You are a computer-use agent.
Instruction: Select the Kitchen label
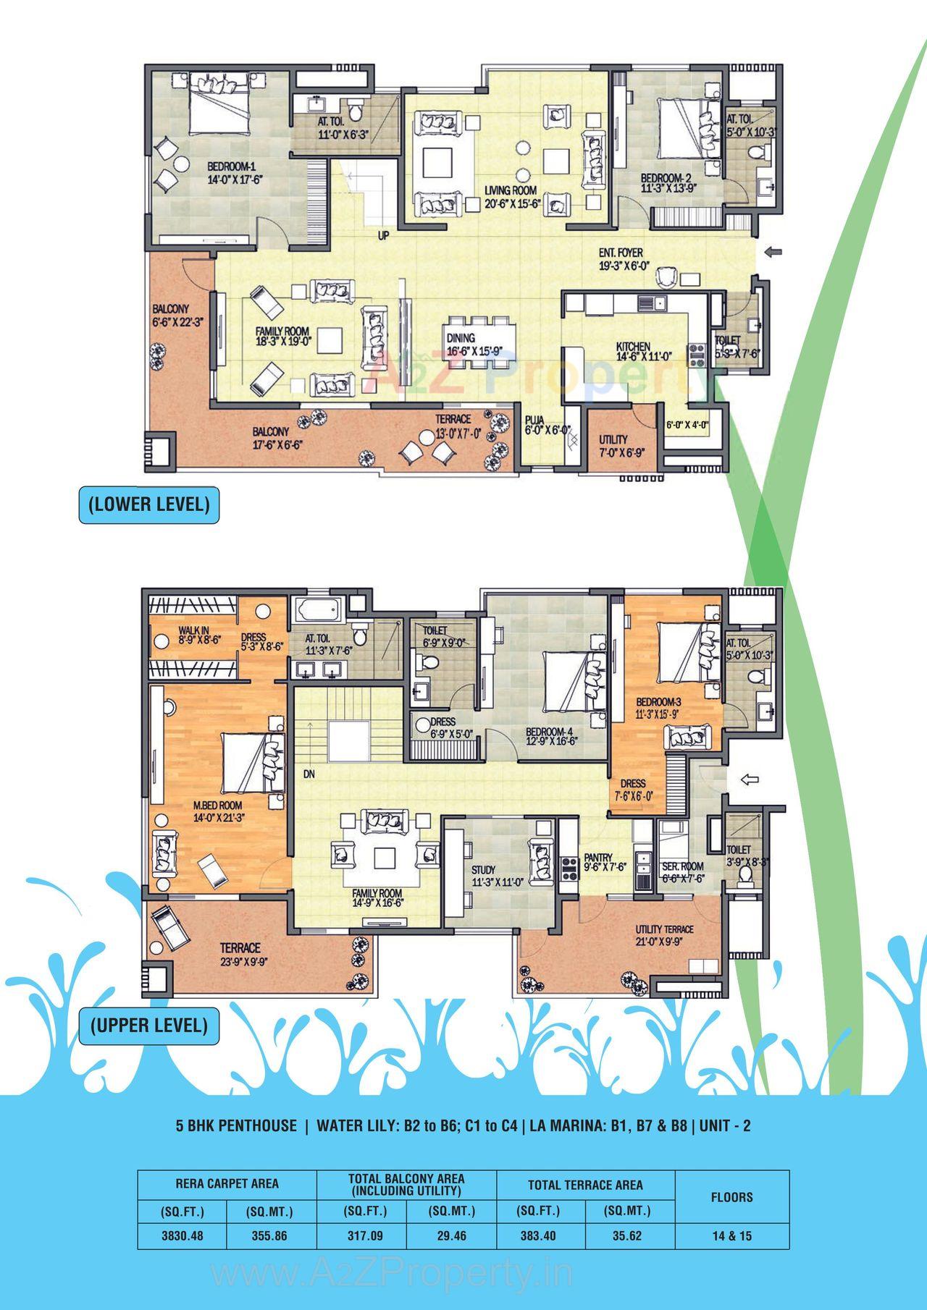tap(633, 347)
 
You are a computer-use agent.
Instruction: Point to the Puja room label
tap(534, 419)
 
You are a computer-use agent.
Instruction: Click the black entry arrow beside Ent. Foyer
tap(773, 252)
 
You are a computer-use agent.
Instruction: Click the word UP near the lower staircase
tap(384, 235)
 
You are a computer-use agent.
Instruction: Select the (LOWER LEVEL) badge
tap(148, 504)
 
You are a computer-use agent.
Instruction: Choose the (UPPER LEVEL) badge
tap(148, 1025)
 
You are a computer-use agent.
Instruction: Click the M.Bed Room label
tap(217, 806)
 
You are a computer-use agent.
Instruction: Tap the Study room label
tap(483, 870)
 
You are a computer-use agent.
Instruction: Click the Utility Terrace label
tap(664, 929)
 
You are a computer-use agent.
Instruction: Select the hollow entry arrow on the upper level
tap(750, 779)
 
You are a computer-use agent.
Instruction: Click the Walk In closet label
tap(193, 630)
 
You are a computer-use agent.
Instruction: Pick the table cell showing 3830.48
tap(182, 1235)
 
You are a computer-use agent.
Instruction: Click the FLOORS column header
tap(731, 1197)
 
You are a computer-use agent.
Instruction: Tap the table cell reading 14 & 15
tap(731, 1235)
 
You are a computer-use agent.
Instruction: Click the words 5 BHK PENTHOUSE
tap(236, 1125)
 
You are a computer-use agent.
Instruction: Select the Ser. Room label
tap(682, 866)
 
